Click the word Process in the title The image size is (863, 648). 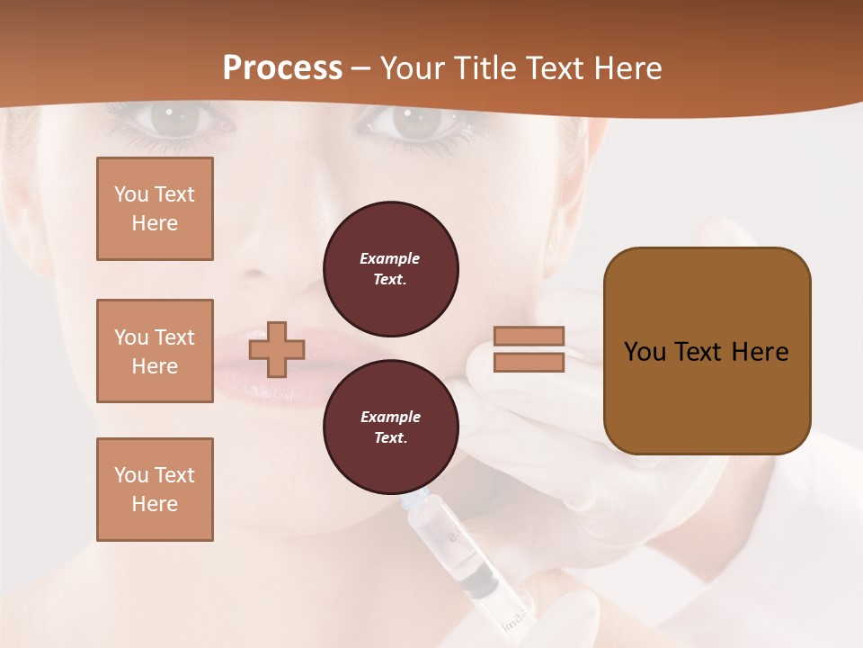[282, 68]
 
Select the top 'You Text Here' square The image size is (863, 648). [155, 209]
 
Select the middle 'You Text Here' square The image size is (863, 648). [155, 351]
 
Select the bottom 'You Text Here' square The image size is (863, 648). [155, 490]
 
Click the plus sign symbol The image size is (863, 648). [277, 349]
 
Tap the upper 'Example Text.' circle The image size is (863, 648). [390, 269]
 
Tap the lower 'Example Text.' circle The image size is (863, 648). [390, 427]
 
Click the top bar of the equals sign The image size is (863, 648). [529, 337]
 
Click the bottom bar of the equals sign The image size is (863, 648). [529, 363]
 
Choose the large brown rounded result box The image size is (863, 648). [707, 351]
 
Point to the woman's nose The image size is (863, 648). [288, 252]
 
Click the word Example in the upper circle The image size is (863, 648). [389, 259]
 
